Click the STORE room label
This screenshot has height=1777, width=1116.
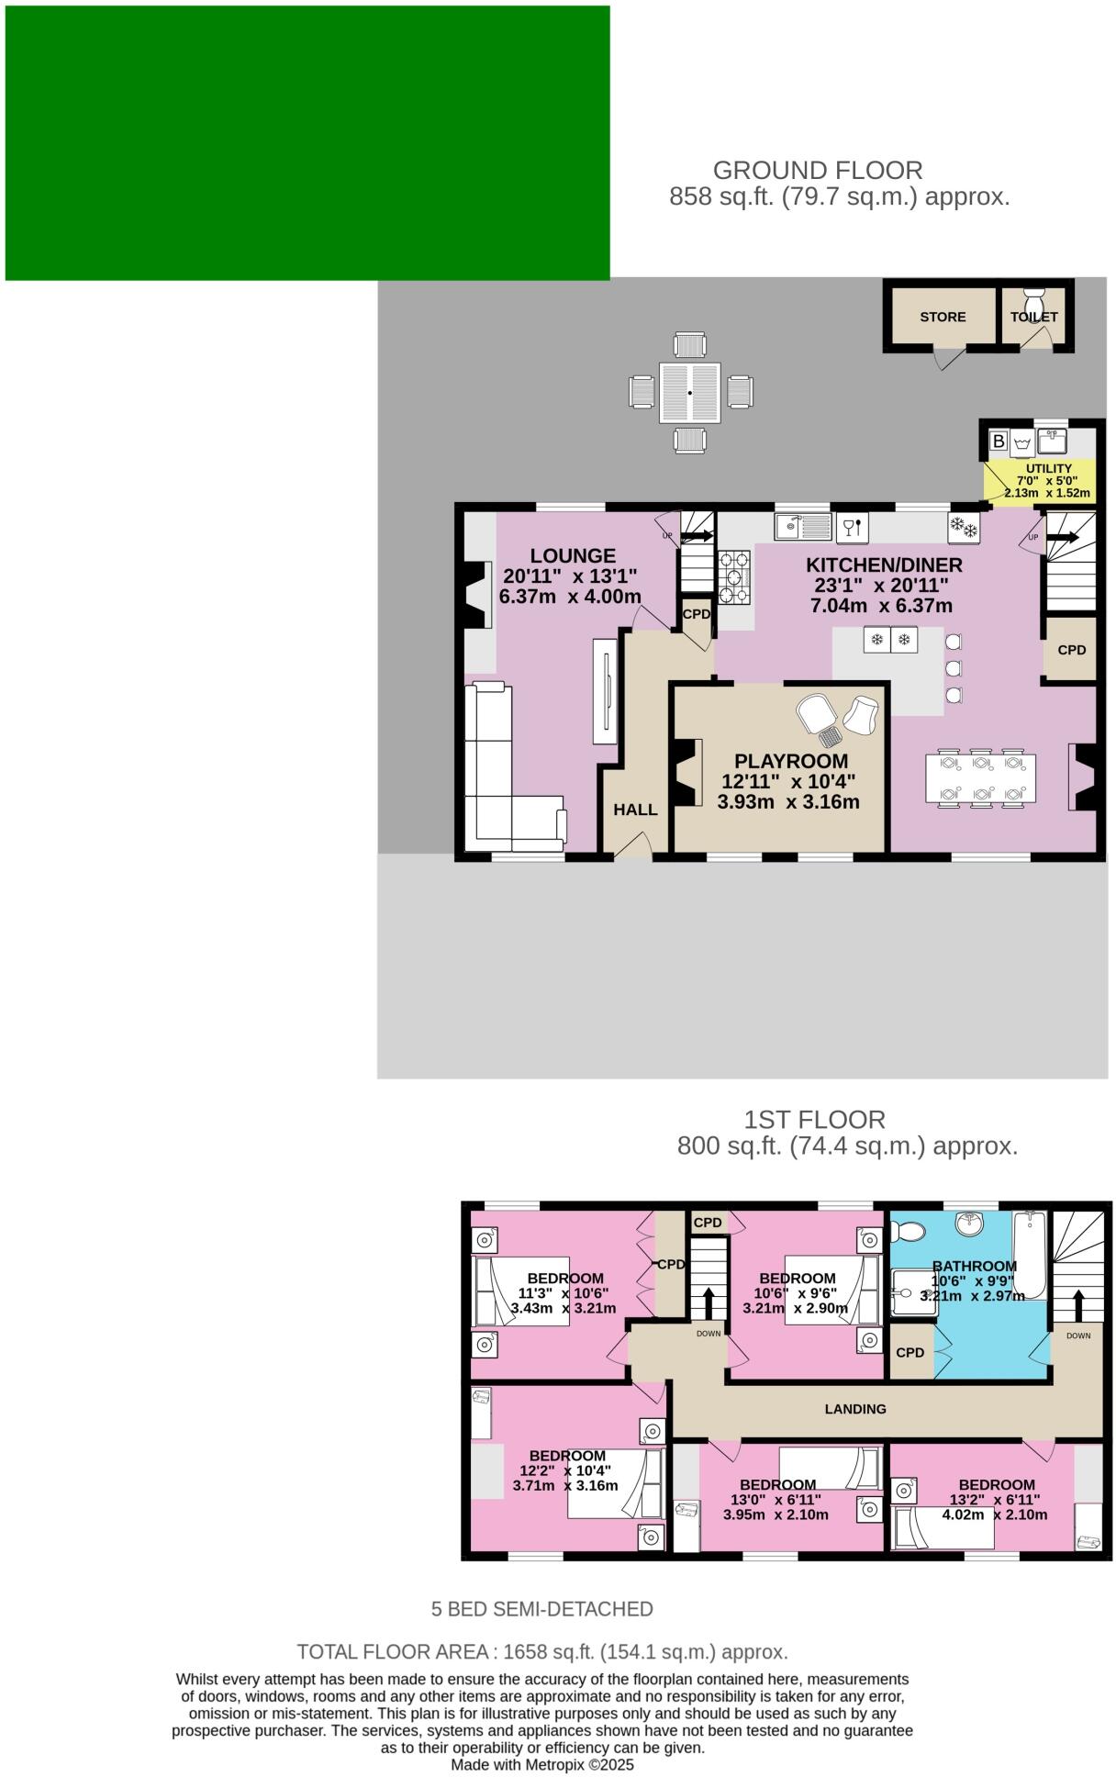pyautogui.click(x=943, y=317)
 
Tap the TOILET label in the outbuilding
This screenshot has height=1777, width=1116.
pyautogui.click(x=1034, y=317)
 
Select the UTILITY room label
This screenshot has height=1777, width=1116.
pyautogui.click(x=1048, y=468)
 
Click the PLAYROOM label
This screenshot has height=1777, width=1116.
pyautogui.click(x=790, y=761)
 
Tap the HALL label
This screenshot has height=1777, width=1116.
pyautogui.click(x=635, y=810)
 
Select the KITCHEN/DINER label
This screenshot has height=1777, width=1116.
pyautogui.click(x=884, y=565)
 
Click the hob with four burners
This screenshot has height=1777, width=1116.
pyautogui.click(x=734, y=576)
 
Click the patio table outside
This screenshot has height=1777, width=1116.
pyautogui.click(x=690, y=393)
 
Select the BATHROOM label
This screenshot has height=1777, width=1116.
pyautogui.click(x=974, y=1266)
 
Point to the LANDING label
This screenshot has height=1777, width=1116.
pyautogui.click(x=855, y=1409)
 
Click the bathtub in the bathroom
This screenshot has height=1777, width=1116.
pyautogui.click(x=1030, y=1255)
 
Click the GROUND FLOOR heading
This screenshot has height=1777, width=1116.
pyautogui.click(x=818, y=171)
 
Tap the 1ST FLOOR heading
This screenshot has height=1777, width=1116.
pyautogui.click(x=815, y=1120)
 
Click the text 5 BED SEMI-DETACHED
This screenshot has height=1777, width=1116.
pyautogui.click(x=542, y=1609)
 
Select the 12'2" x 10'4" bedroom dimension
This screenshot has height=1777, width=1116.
pyautogui.click(x=564, y=1470)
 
